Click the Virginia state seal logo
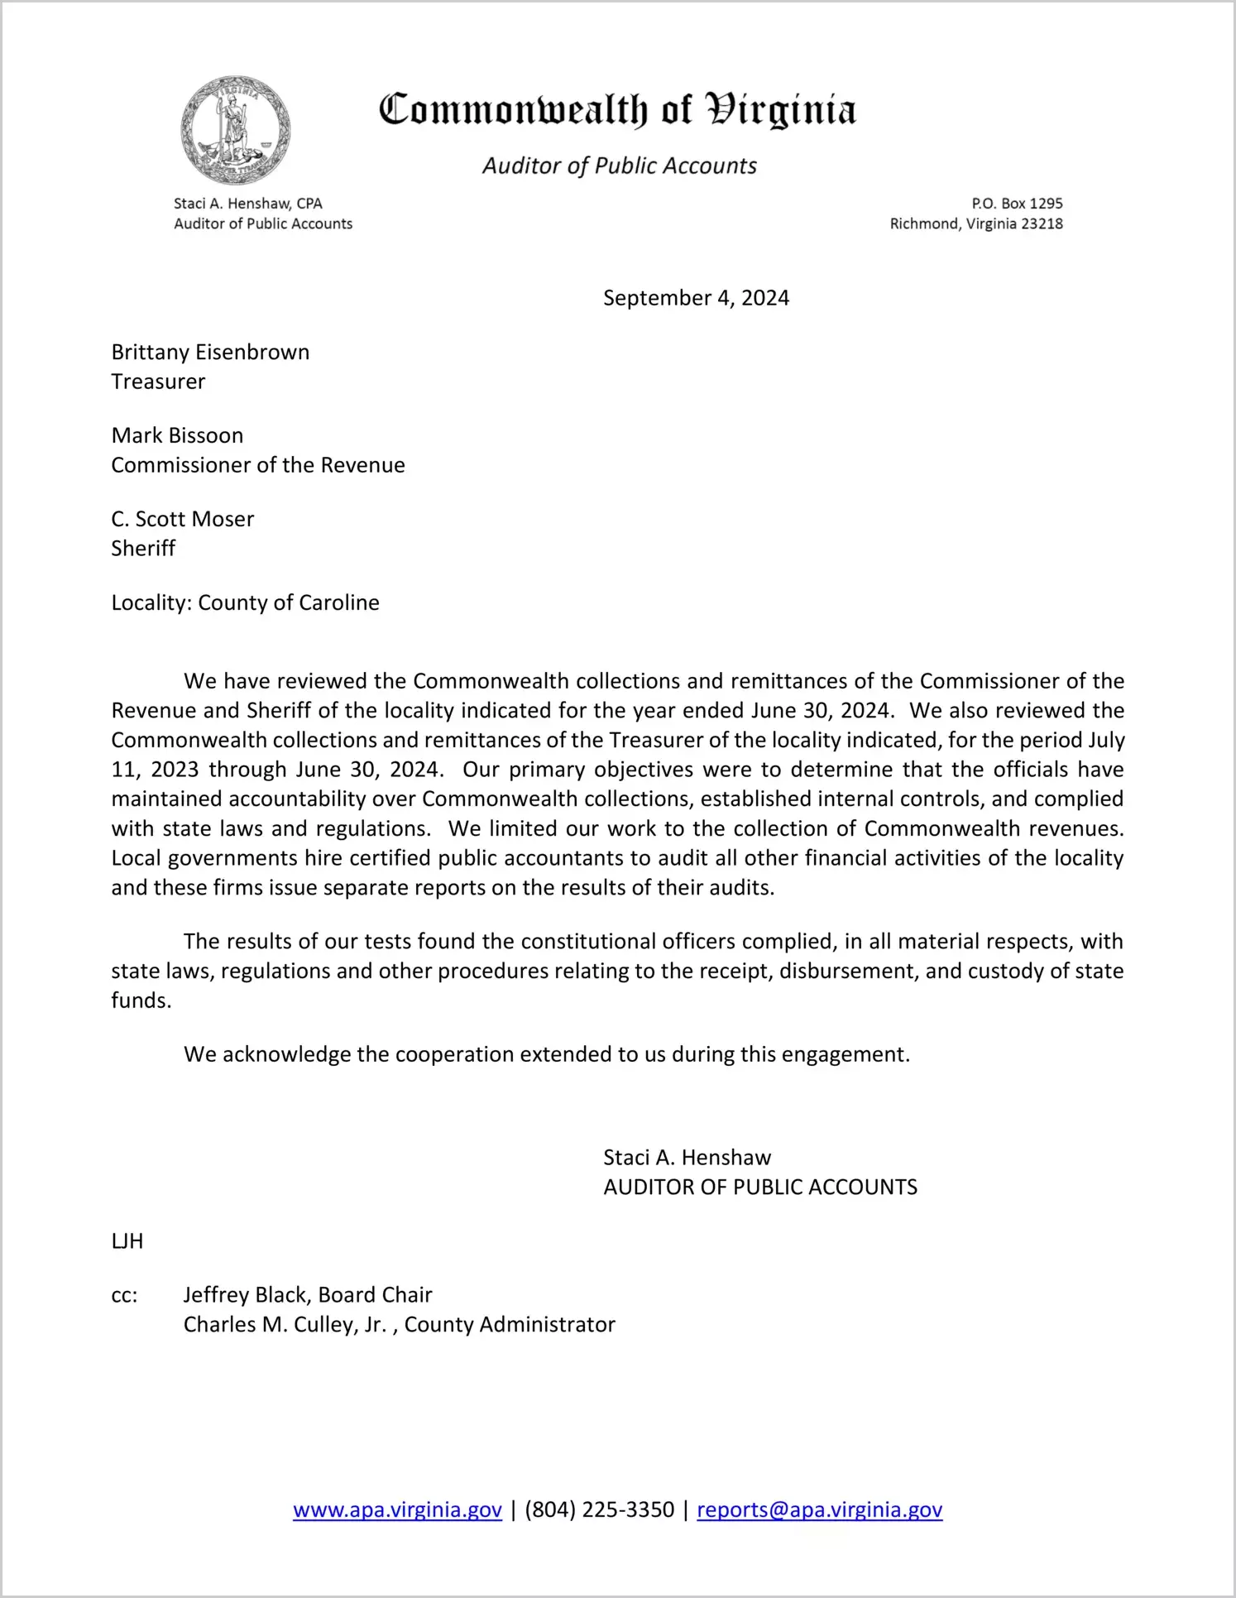[236, 131]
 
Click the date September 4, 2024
[696, 298]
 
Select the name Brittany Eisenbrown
[210, 353]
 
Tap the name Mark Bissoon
[177, 436]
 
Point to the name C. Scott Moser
[182, 520]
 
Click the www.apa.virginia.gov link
[397, 1510]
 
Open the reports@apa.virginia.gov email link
[819, 1510]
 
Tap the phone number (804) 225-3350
[599, 1510]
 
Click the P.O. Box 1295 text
[1017, 204]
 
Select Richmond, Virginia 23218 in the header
[976, 224]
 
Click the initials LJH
[127, 1241]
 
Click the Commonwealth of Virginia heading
[617, 110]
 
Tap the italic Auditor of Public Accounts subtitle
[620, 166]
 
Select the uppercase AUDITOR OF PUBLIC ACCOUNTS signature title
[760, 1188]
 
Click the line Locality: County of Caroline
[245, 603]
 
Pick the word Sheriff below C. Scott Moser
[143, 549]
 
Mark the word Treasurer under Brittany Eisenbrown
[158, 382]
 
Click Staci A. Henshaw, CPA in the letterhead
[247, 204]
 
